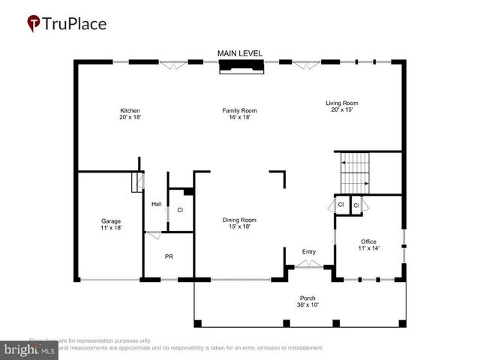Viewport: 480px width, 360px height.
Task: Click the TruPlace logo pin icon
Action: point(34,24)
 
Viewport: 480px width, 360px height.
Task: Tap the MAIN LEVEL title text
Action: point(240,53)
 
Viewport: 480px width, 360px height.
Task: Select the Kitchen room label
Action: point(130,111)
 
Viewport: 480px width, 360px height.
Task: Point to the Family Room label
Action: point(234,111)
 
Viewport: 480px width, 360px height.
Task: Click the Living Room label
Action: point(341,103)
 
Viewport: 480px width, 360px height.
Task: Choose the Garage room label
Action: point(111,220)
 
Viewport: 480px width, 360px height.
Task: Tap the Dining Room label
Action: point(239,220)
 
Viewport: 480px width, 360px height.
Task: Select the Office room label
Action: point(369,241)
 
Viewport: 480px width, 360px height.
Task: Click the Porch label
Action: point(308,298)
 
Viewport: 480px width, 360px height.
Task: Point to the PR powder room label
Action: point(169,256)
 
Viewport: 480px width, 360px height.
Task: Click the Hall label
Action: point(157,204)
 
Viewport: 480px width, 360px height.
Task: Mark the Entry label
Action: point(309,251)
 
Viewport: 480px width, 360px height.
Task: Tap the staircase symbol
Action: point(355,173)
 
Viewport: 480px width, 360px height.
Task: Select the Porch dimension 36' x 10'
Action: point(308,304)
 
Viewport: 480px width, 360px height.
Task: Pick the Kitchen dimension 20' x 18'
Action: point(130,118)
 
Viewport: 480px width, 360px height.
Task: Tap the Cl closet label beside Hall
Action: point(180,210)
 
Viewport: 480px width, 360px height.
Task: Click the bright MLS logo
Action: point(30,349)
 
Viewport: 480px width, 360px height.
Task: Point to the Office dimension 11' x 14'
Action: point(369,247)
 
